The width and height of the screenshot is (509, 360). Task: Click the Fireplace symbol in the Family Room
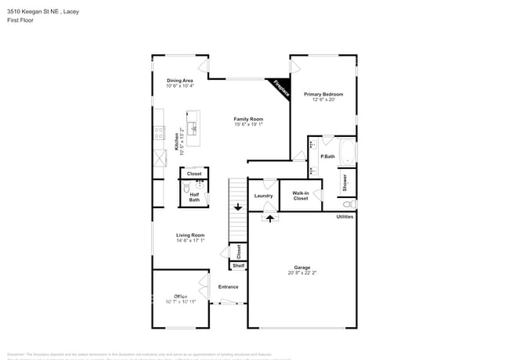pyautogui.click(x=280, y=88)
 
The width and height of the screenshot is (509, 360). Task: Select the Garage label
pyautogui.click(x=302, y=267)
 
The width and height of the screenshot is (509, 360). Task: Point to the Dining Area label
pyautogui.click(x=179, y=81)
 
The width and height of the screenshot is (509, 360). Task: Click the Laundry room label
pyautogui.click(x=263, y=196)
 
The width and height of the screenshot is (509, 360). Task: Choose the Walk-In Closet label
pyautogui.click(x=301, y=196)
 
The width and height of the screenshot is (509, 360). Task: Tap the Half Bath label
pyautogui.click(x=194, y=197)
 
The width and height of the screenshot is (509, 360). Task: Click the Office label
pyautogui.click(x=179, y=296)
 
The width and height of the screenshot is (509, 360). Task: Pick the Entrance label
pyautogui.click(x=228, y=287)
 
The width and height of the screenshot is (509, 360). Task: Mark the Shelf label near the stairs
pyautogui.click(x=238, y=266)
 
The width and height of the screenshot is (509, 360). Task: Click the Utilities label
pyautogui.click(x=345, y=217)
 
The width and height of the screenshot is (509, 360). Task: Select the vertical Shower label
pyautogui.click(x=345, y=182)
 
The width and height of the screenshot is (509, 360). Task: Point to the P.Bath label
pyautogui.click(x=328, y=157)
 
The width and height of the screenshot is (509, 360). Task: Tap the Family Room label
pyautogui.click(x=247, y=118)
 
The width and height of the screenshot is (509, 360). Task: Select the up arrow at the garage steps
pyautogui.click(x=271, y=218)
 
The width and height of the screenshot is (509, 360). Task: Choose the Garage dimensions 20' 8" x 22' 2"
pyautogui.click(x=302, y=273)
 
